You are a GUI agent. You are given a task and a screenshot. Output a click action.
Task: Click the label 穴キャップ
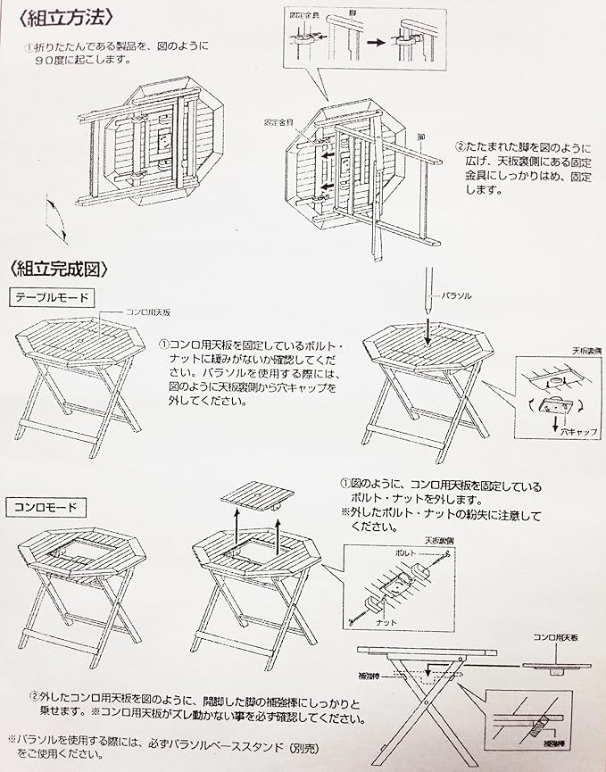point(577,430)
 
